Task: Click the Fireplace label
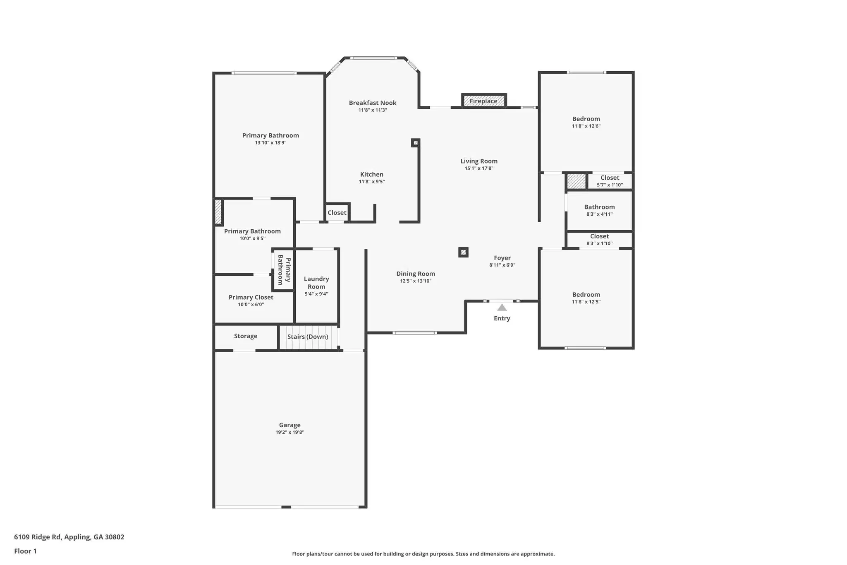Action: point(483,101)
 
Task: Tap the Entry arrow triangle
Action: point(502,308)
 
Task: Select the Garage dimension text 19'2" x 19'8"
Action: point(290,432)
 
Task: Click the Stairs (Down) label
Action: point(308,337)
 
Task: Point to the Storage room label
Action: point(246,336)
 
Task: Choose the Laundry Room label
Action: point(316,283)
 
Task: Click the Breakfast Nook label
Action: point(373,103)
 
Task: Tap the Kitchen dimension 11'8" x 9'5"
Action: point(372,182)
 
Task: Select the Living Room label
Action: point(479,161)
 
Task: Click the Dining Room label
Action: point(416,274)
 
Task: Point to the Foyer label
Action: point(502,258)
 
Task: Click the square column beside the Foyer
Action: point(463,252)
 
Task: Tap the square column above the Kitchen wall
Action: point(416,143)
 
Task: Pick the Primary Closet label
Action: point(251,297)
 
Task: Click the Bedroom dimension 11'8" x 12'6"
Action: point(586,126)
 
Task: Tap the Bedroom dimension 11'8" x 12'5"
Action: point(586,302)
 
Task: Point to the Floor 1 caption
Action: point(25,551)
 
